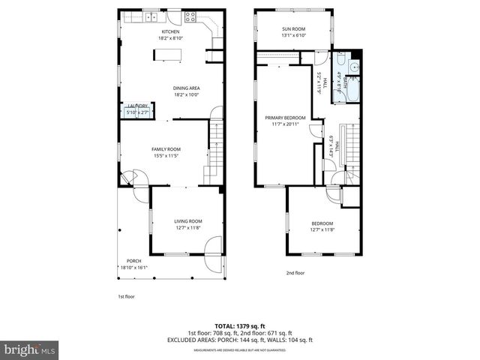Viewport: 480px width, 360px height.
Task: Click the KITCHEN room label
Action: pos(169,32)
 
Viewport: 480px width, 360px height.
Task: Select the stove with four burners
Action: pos(193,16)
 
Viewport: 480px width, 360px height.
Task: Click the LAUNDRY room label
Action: pos(137,106)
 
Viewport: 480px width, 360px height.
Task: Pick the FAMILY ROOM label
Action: pos(166,149)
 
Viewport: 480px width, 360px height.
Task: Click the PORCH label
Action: pos(133,261)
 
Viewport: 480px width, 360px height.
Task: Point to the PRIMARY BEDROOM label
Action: pos(285,118)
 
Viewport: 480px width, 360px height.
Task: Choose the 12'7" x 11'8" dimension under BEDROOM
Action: pos(322,229)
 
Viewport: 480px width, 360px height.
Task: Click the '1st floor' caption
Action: pos(125,295)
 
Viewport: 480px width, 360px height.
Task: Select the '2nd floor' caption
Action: pos(295,273)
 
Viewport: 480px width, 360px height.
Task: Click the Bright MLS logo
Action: pos(30,349)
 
